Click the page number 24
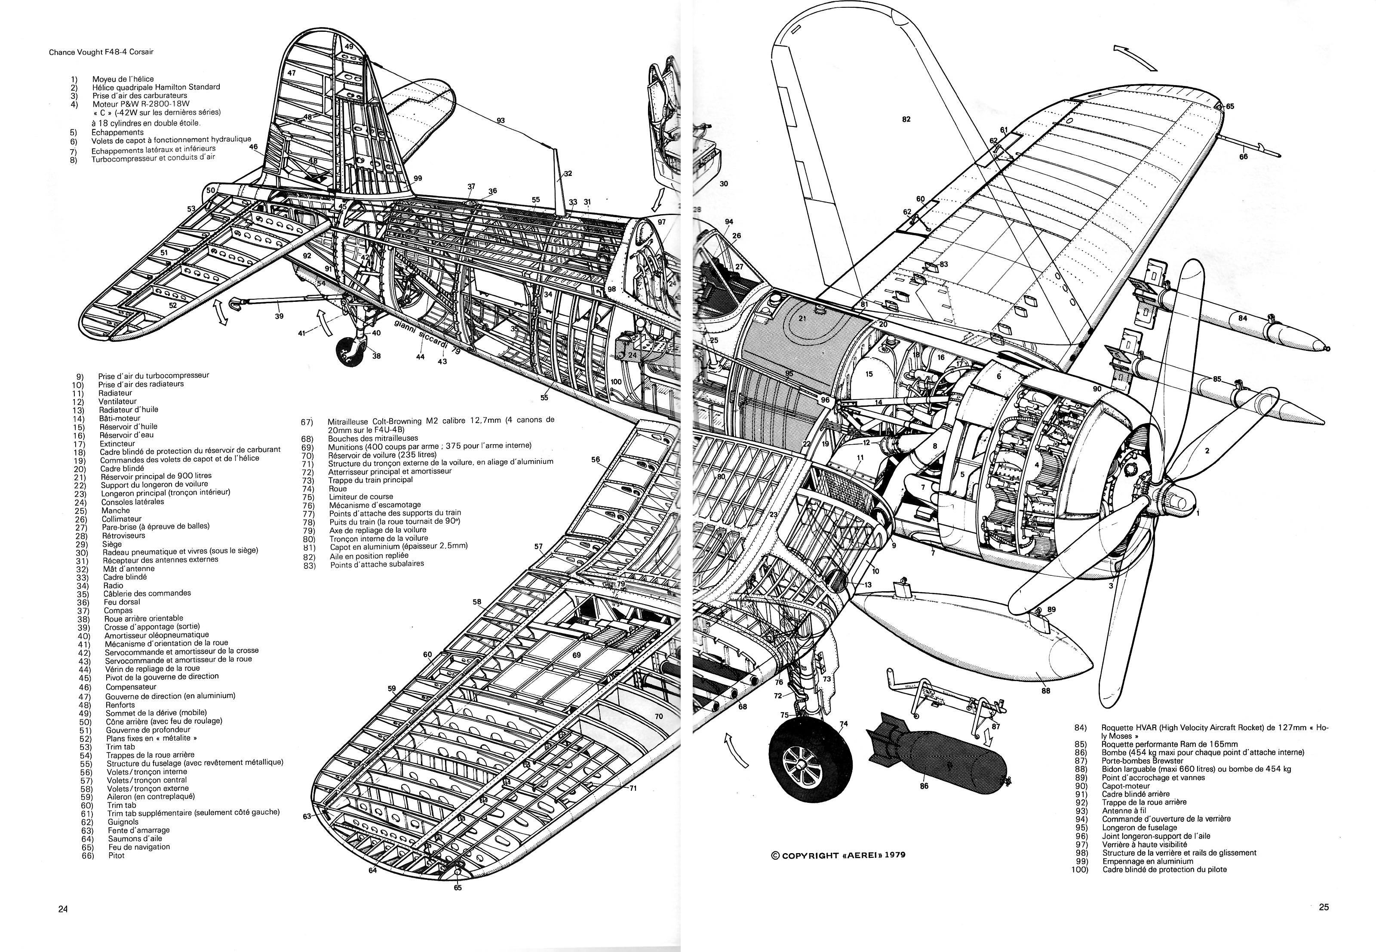click(x=63, y=909)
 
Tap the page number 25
click(x=1324, y=907)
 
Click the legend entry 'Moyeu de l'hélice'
click(x=123, y=79)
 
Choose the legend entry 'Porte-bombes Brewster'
click(x=1142, y=761)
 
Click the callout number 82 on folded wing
click(x=906, y=119)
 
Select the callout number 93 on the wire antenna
click(x=501, y=120)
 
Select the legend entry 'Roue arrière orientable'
click(x=143, y=618)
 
